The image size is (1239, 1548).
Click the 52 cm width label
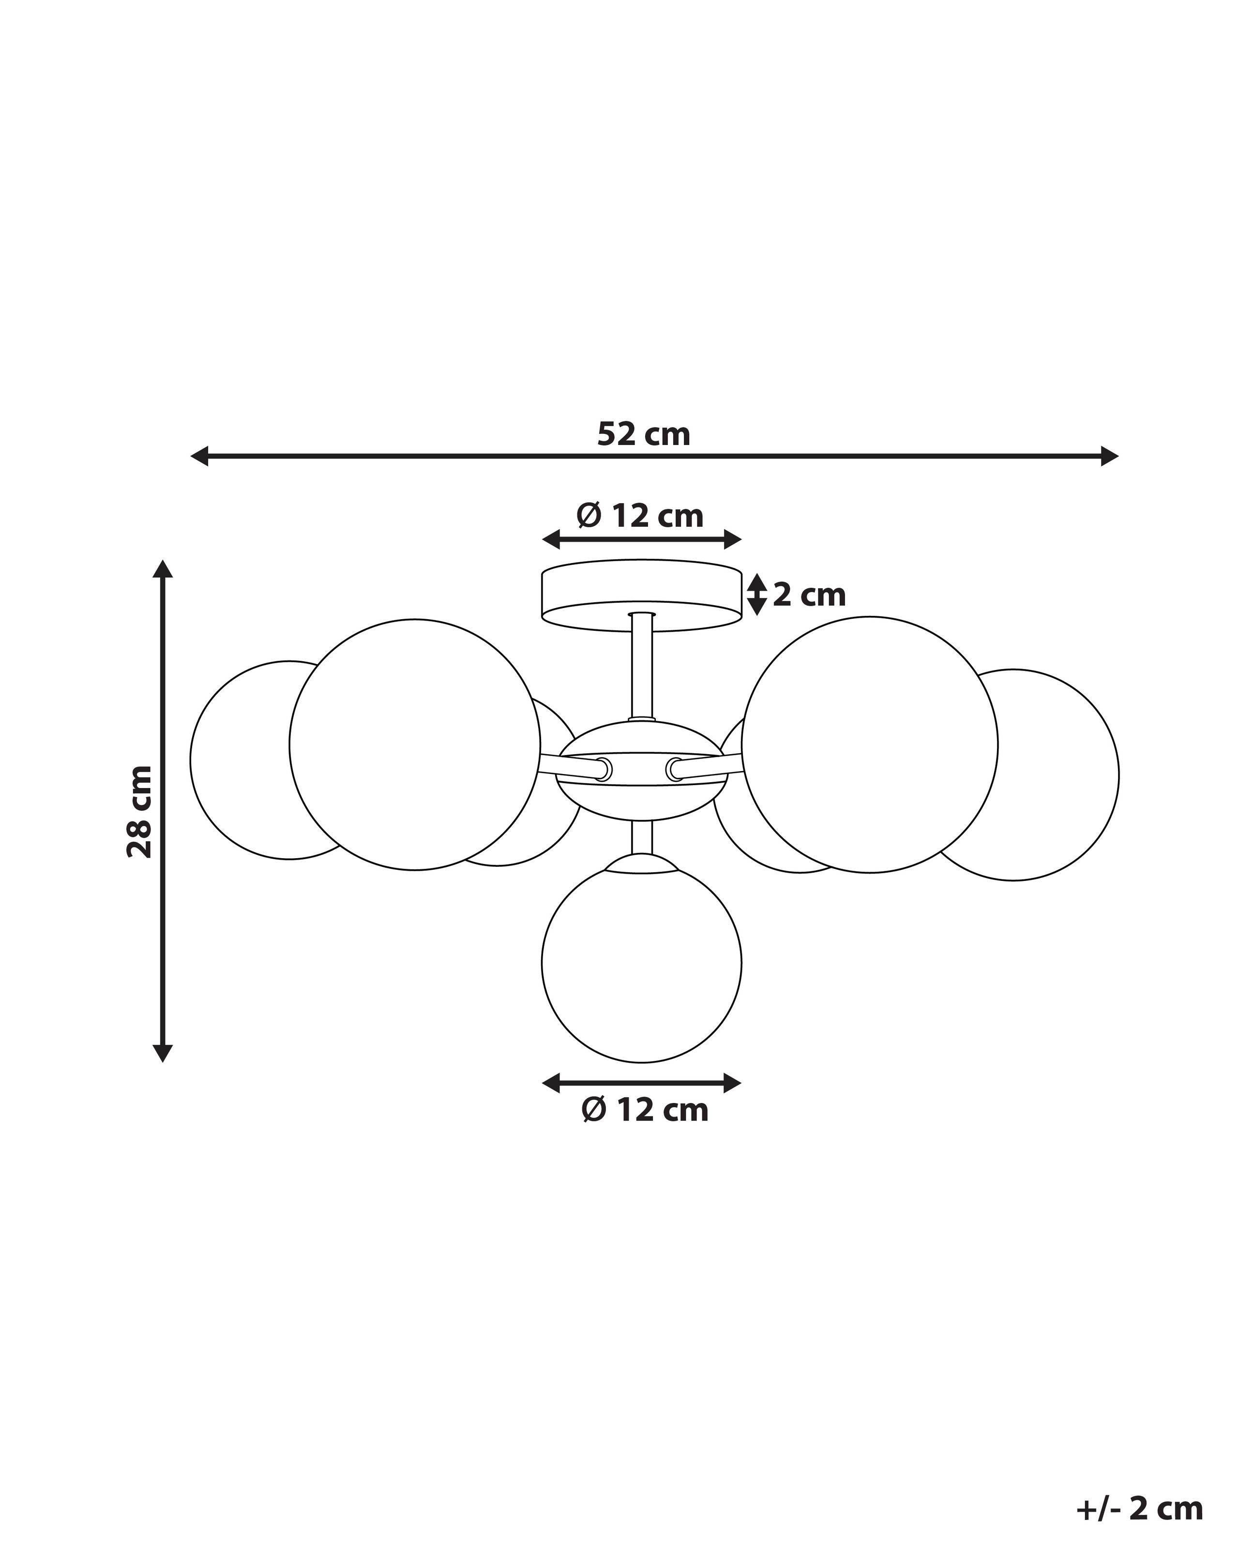point(644,435)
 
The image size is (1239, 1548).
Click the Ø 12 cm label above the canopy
point(640,516)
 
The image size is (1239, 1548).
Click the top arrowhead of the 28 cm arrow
point(163,569)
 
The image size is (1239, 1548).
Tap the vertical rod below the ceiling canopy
point(641,668)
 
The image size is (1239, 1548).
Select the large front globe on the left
point(414,744)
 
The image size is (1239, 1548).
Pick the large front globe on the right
point(870,744)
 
